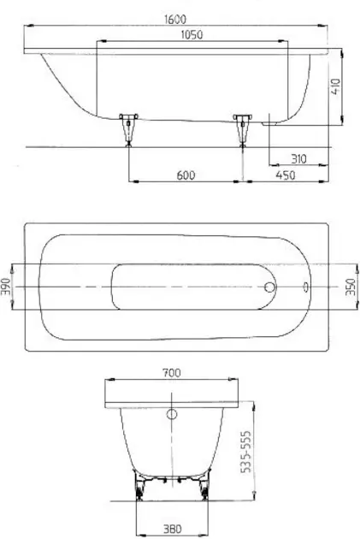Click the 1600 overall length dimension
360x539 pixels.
click(x=175, y=19)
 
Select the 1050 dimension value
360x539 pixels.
click(x=192, y=35)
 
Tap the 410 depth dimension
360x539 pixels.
click(x=335, y=86)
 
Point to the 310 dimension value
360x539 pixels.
click(x=298, y=159)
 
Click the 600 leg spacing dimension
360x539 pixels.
click(x=186, y=175)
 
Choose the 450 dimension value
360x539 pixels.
click(x=286, y=175)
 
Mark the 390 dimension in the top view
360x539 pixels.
click(x=6, y=287)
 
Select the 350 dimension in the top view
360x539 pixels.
click(x=350, y=287)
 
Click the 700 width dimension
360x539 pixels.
click(x=171, y=373)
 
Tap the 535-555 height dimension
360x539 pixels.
click(x=246, y=452)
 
